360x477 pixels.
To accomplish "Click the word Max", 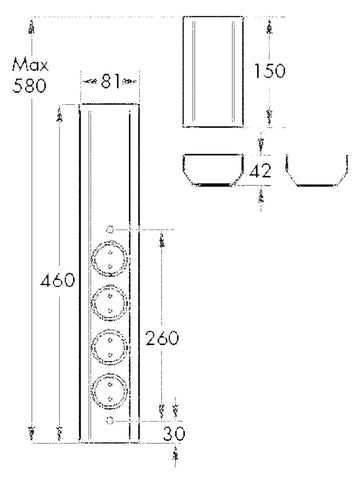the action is click(30, 65).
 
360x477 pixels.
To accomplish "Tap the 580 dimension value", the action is click(29, 86).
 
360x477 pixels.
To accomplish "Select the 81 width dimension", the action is click(110, 81).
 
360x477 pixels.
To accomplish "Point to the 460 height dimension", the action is click(57, 280).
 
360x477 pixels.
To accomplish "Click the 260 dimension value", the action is click(162, 338).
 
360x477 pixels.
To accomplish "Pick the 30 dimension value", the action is click(174, 434).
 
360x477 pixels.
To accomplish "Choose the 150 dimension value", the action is click(270, 71).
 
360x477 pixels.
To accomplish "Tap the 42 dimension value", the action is click(260, 172).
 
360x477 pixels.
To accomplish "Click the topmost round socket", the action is click(110, 259).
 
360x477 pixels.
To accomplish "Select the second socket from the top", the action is click(110, 303).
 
